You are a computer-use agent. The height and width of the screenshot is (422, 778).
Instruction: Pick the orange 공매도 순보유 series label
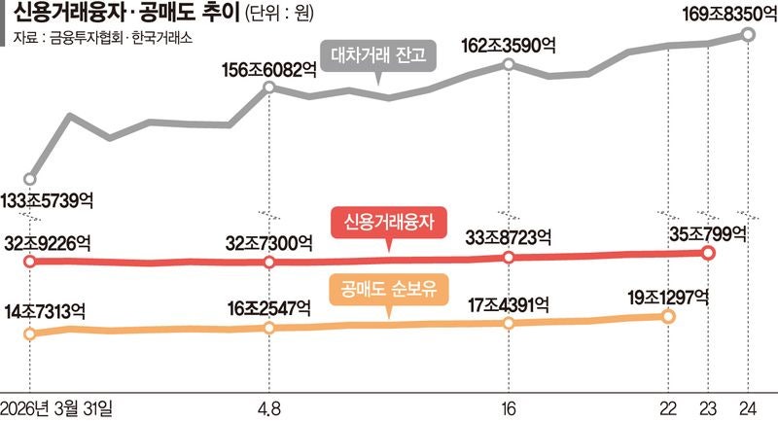pyautogui.click(x=389, y=290)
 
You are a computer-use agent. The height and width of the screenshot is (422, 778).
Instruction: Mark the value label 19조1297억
pyautogui.click(x=666, y=296)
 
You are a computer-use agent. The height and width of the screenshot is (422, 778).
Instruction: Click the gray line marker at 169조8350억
pyautogui.click(x=748, y=34)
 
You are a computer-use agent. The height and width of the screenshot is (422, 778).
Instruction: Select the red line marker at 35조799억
pyautogui.click(x=708, y=253)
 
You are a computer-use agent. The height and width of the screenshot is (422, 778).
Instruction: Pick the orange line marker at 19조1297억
pyautogui.click(x=668, y=316)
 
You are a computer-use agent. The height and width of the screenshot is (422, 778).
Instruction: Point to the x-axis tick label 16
pyautogui.click(x=510, y=406)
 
